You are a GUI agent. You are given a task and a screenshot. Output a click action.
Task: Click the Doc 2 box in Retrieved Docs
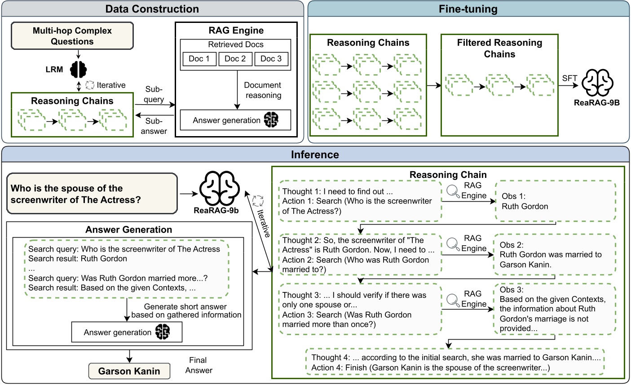click(235, 59)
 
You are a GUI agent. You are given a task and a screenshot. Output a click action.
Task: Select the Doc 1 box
click(199, 59)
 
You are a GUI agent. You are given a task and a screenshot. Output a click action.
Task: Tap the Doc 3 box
click(271, 59)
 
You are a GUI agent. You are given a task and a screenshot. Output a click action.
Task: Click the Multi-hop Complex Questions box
click(72, 36)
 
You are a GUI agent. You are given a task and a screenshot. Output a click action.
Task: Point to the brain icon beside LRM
click(79, 69)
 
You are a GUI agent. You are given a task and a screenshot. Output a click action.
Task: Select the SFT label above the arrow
click(569, 78)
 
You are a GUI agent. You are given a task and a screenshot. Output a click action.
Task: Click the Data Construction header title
click(152, 9)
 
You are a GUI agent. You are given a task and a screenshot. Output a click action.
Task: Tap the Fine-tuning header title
click(468, 9)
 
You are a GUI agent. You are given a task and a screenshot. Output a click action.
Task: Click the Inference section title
click(315, 155)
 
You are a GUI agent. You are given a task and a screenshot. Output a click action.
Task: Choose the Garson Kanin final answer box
click(129, 371)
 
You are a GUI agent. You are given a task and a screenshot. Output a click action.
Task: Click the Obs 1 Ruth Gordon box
click(556, 201)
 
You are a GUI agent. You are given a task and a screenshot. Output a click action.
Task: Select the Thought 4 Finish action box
click(455, 363)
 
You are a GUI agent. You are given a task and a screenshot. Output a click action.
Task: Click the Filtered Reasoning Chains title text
click(499, 49)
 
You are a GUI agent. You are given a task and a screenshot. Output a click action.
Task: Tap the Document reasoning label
click(263, 90)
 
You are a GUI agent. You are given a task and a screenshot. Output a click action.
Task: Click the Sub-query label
click(154, 94)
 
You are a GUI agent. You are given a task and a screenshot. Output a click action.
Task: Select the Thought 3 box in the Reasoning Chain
click(360, 310)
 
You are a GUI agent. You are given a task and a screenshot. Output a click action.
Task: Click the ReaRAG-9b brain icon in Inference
click(219, 189)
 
